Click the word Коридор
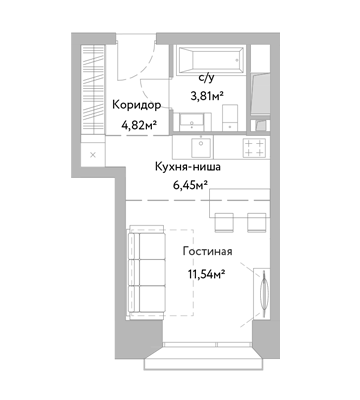tap(137, 105)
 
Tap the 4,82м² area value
tap(140, 126)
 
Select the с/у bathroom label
tap(207, 78)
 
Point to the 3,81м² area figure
tap(206, 96)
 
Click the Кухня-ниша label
tap(188, 167)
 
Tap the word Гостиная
tap(207, 251)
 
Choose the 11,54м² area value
tap(205, 274)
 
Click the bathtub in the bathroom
tap(211, 60)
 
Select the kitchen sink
tap(201, 147)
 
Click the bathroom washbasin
tap(192, 122)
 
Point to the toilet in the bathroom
tap(230, 117)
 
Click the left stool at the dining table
tap(224, 222)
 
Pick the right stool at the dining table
tap(257, 222)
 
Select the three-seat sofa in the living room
tap(147, 273)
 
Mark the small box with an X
tap(93, 155)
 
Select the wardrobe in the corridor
tap(93, 90)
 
